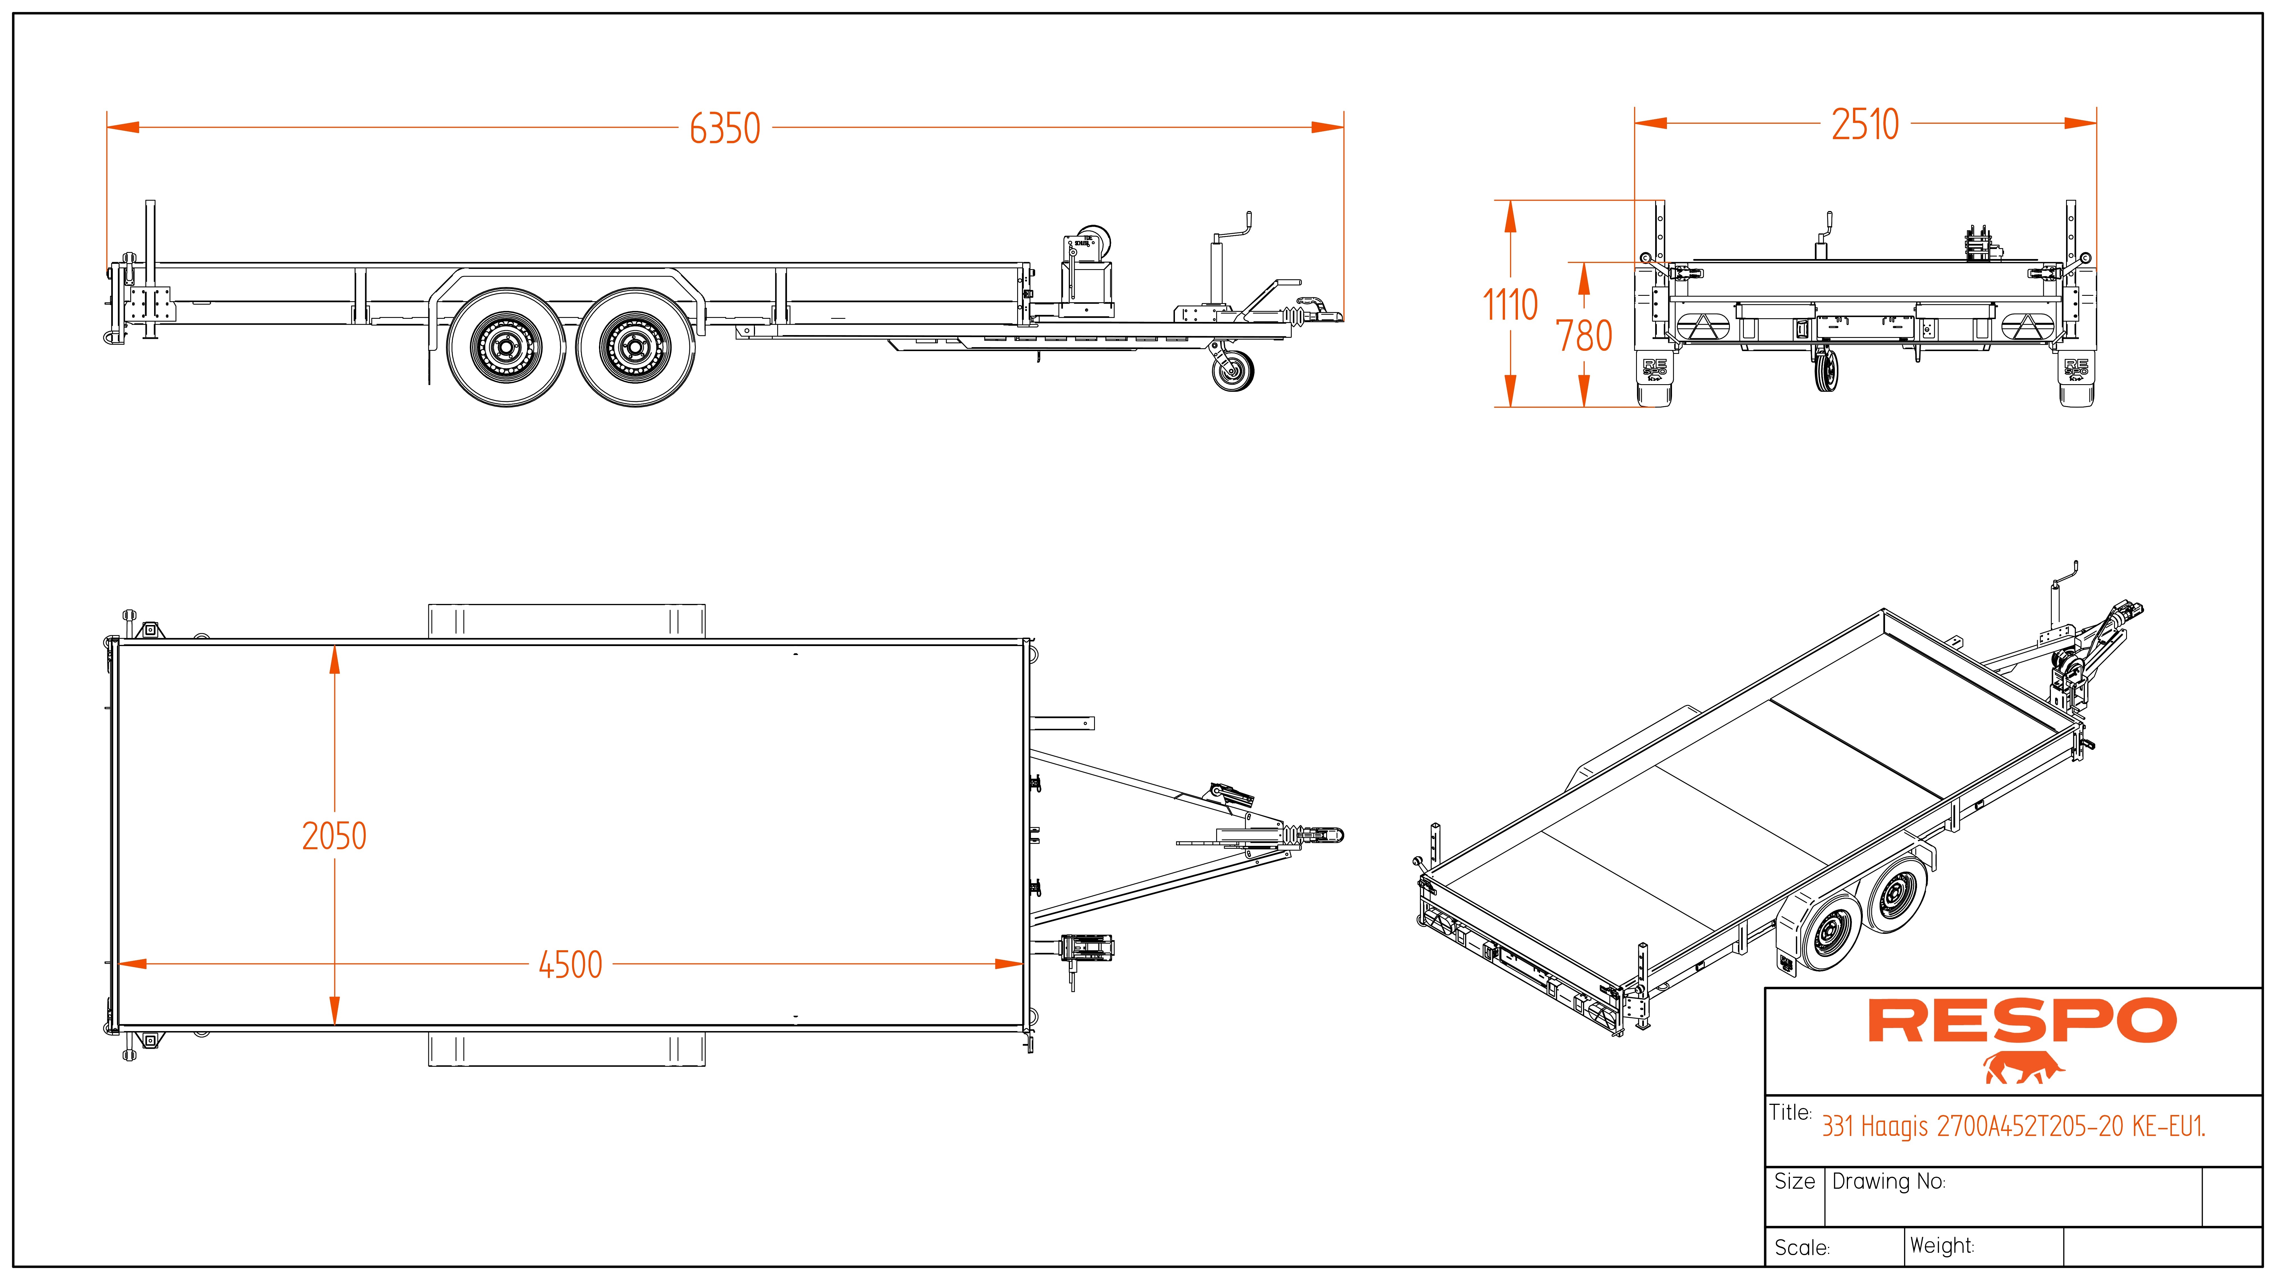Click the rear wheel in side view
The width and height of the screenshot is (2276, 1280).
pos(507,347)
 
